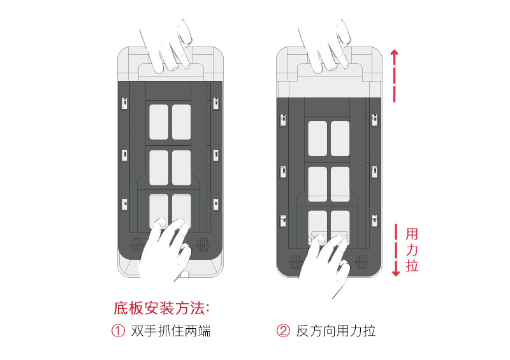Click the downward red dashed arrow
(x=396, y=250)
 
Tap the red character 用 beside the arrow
(x=412, y=233)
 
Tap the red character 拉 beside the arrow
(x=412, y=265)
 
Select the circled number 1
(x=118, y=331)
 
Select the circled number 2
(x=283, y=331)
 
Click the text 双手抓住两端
(x=170, y=331)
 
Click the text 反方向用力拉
(x=336, y=331)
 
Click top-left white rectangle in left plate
(x=159, y=122)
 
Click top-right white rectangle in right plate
(x=340, y=138)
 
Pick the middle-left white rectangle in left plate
(x=159, y=167)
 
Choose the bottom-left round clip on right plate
(x=295, y=261)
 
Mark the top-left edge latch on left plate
(x=125, y=103)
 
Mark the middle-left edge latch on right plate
(x=282, y=171)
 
